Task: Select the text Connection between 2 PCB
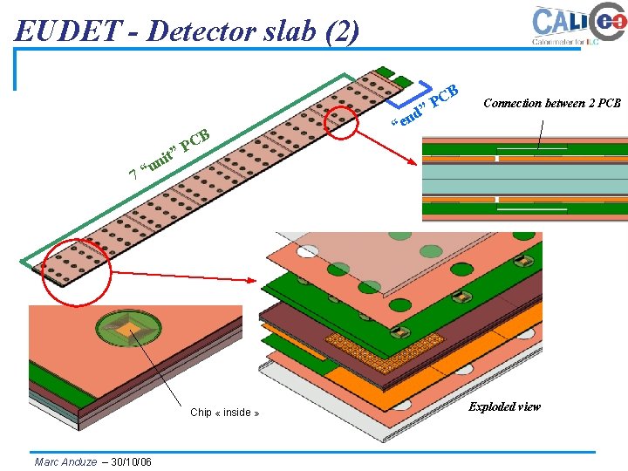point(551,103)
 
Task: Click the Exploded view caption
point(504,406)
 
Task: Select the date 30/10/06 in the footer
point(132,461)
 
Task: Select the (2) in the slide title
point(340,31)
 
